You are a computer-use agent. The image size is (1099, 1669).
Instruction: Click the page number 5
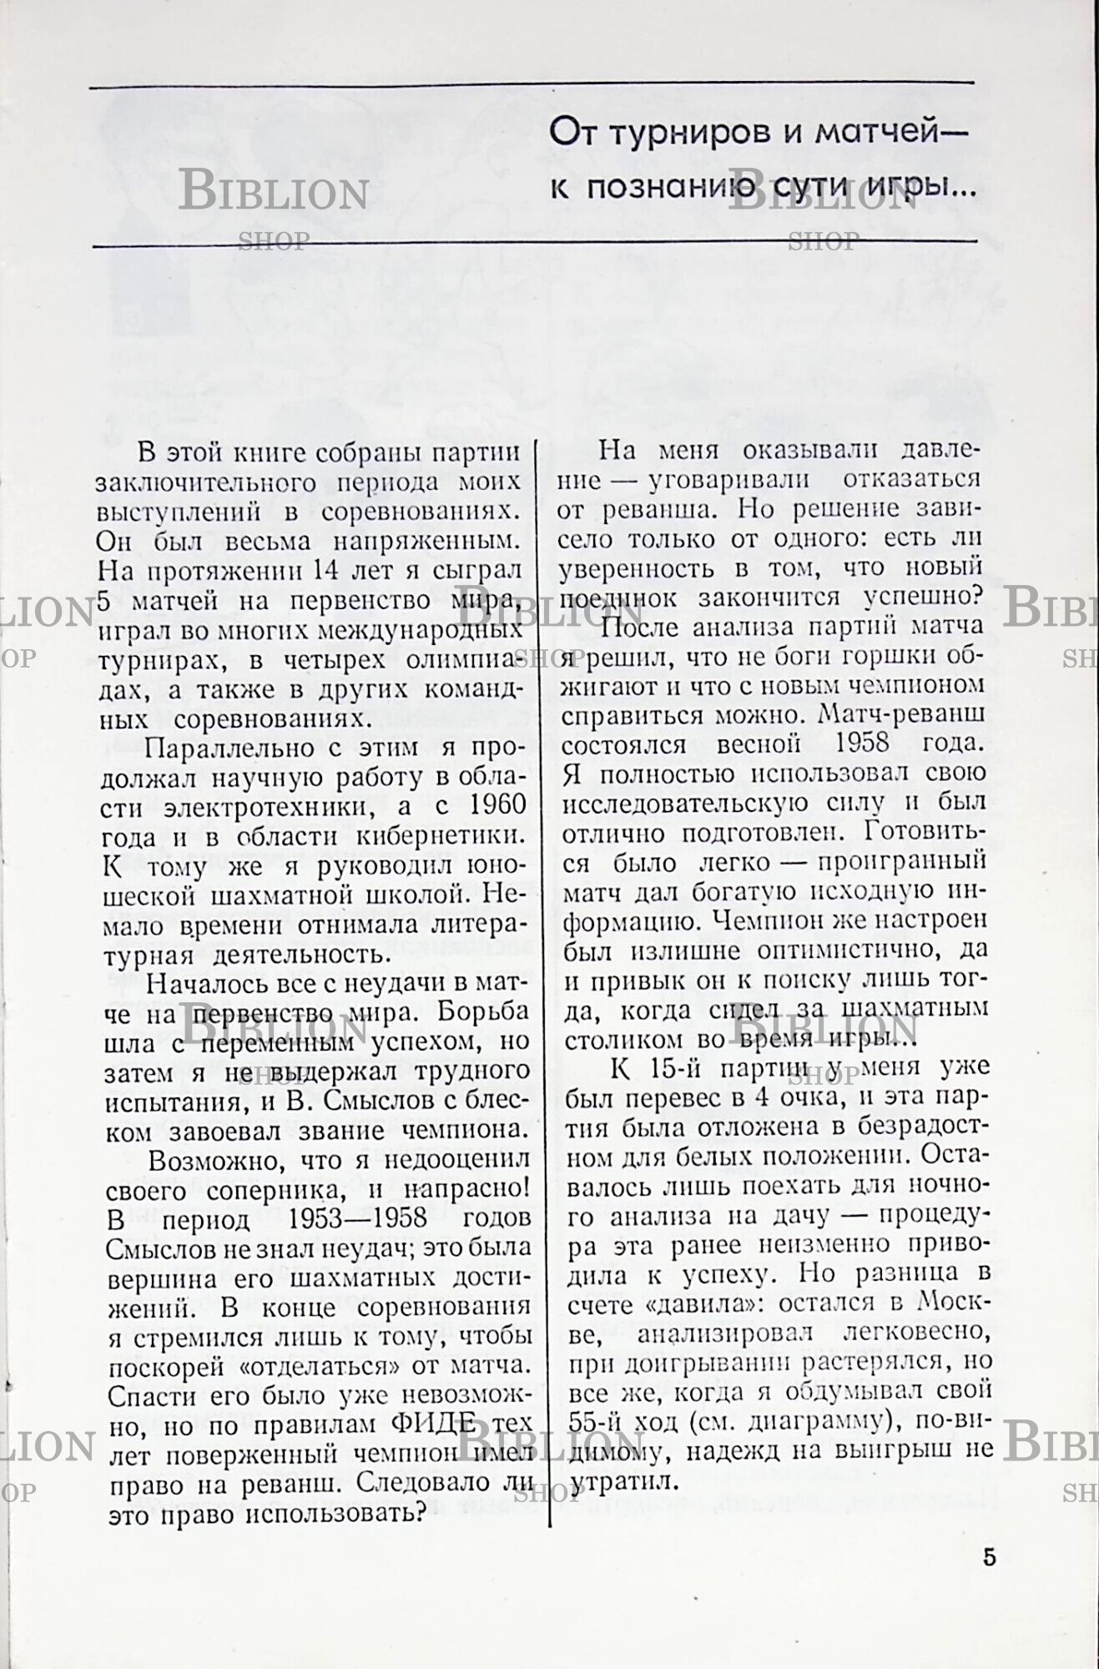tap(989, 1557)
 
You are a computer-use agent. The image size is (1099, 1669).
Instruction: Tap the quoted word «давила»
tap(686, 1303)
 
